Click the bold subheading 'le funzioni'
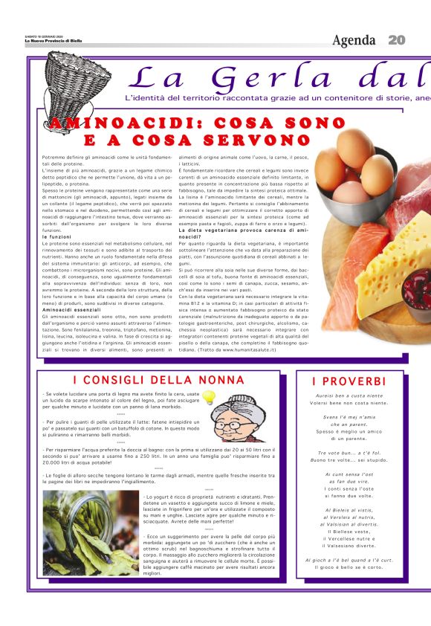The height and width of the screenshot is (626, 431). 56,237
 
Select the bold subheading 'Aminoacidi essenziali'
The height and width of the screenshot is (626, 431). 72,309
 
